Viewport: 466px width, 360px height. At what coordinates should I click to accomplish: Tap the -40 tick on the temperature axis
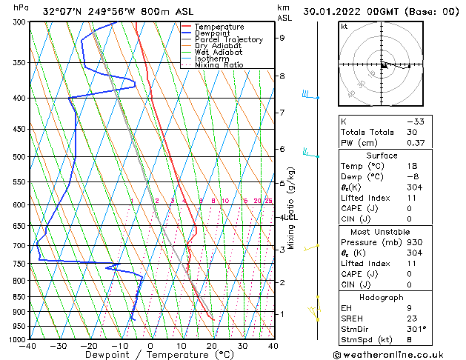[28, 346]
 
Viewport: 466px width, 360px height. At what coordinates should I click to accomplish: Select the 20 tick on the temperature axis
[212, 346]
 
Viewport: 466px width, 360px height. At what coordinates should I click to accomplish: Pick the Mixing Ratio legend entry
[219, 65]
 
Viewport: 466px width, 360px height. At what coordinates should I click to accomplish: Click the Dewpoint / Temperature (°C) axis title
[150, 356]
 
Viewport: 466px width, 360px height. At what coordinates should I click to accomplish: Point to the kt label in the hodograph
[344, 26]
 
